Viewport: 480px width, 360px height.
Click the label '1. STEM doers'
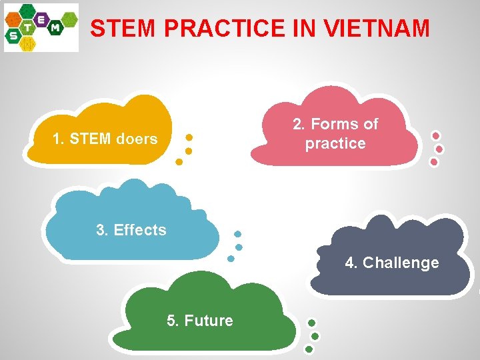coord(105,139)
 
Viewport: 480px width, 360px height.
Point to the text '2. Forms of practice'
coord(335,133)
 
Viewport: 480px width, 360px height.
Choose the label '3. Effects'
coord(131,230)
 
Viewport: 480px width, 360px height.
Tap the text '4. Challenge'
coord(392,263)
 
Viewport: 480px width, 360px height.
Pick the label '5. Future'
coord(199,321)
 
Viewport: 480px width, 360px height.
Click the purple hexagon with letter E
coord(41,19)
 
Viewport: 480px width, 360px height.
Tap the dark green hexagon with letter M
coord(55,28)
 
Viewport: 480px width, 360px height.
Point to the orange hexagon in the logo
coord(13,20)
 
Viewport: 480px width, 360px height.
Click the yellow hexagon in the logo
coord(28,44)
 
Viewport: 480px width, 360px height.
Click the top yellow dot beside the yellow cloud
coord(189,137)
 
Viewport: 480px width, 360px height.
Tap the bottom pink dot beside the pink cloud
coord(434,161)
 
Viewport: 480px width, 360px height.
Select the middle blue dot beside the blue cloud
coord(239,247)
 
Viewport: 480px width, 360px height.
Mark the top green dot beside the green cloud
coord(311,323)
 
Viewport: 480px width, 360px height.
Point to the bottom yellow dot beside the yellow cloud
coord(179,162)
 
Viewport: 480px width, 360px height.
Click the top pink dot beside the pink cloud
coord(436,135)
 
